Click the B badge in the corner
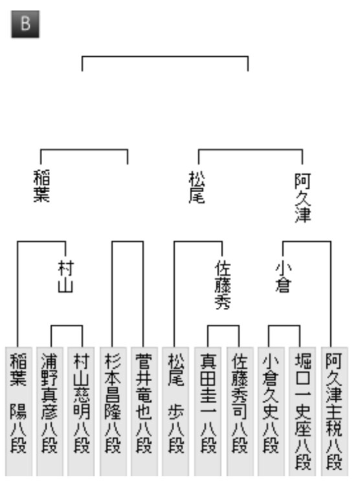click(25, 24)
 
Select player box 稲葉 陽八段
click(19, 412)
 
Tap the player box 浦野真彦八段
click(50, 412)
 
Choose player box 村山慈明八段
click(81, 412)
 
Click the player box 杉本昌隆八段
click(113, 412)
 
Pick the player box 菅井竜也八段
click(144, 412)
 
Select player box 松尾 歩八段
click(175, 412)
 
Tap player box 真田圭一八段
click(208, 412)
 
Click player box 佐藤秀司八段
click(240, 412)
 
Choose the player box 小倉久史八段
click(271, 412)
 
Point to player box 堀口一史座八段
click(302, 412)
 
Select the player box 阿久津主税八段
click(334, 412)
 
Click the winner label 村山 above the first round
click(66, 276)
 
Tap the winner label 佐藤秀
click(223, 286)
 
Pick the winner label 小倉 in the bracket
click(283, 276)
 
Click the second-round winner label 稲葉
click(41, 186)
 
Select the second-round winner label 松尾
click(197, 187)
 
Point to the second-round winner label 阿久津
click(302, 198)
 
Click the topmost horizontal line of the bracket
click(165, 56)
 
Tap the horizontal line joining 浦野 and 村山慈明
click(67, 325)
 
